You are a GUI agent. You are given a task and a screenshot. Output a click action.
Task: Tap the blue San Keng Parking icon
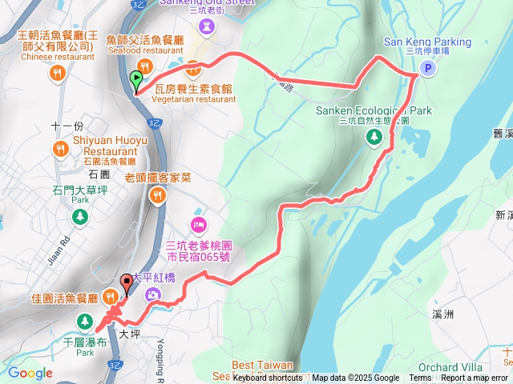tap(428, 70)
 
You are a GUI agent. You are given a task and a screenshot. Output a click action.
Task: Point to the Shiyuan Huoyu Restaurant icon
tap(61, 149)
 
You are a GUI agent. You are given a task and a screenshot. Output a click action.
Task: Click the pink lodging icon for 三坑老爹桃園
tap(199, 222)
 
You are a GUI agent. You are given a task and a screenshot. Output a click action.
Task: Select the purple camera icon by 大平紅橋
tap(152, 295)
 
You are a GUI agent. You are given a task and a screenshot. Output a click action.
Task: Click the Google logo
tap(30, 372)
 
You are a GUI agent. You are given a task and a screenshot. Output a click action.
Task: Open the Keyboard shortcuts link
tap(268, 378)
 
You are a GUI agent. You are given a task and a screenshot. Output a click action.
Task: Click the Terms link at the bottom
tap(420, 378)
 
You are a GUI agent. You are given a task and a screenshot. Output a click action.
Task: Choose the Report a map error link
tap(475, 378)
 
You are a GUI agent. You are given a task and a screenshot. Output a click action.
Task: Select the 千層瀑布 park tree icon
tap(84, 322)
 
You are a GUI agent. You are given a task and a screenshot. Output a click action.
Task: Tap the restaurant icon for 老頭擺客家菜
tap(157, 195)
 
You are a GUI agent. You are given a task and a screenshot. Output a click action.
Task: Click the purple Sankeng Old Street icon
tap(208, 27)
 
